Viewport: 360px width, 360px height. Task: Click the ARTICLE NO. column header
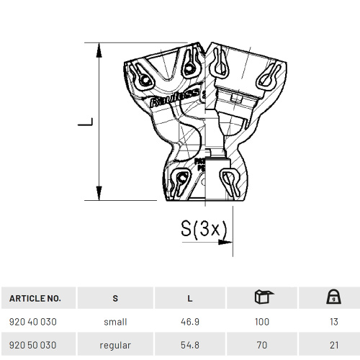click(x=35, y=298)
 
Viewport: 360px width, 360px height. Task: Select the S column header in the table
click(x=115, y=298)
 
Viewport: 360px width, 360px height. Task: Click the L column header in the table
click(x=189, y=298)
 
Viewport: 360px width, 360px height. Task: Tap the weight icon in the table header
click(x=333, y=297)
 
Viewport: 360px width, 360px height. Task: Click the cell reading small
click(x=115, y=322)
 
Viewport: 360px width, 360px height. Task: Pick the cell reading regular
click(x=115, y=346)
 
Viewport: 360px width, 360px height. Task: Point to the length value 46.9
click(x=189, y=322)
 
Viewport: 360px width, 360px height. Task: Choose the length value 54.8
click(x=189, y=346)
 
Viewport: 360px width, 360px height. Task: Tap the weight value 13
click(x=333, y=322)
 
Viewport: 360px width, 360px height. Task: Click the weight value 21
click(x=333, y=346)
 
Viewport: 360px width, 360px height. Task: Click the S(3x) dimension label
click(x=204, y=229)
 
